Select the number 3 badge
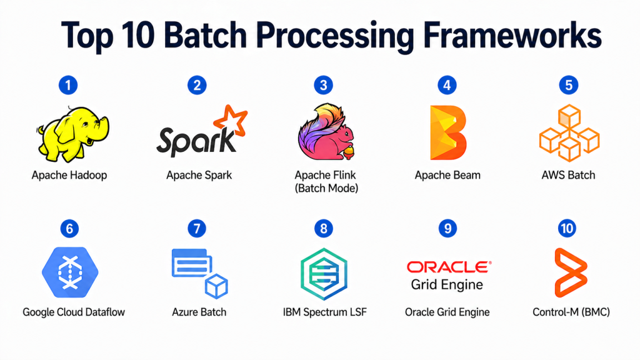pyautogui.click(x=323, y=85)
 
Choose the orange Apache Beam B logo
pyautogui.click(x=447, y=132)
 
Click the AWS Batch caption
pyautogui.click(x=568, y=175)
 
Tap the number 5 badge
pyautogui.click(x=568, y=85)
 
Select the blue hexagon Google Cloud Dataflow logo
pyautogui.click(x=69, y=272)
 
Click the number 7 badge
pyautogui.click(x=197, y=229)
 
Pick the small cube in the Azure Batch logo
pyautogui.click(x=216, y=286)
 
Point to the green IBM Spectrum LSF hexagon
pyautogui.click(x=323, y=273)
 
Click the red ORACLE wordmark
pyautogui.click(x=447, y=267)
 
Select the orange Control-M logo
pyautogui.click(x=570, y=272)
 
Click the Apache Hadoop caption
pyautogui.click(x=69, y=175)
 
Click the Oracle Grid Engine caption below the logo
pyautogui.click(x=447, y=312)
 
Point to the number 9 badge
pyautogui.click(x=447, y=229)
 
